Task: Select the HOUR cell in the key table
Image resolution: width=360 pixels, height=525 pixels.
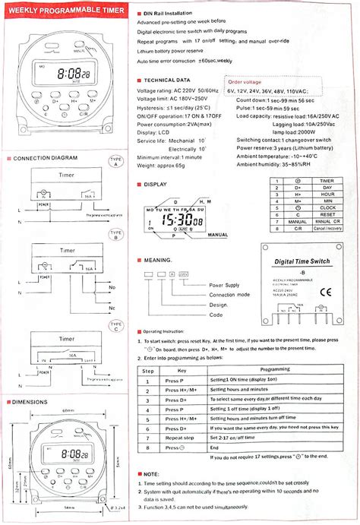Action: [x=327, y=194]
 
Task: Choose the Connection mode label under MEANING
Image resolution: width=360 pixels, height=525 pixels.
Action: [x=229, y=294]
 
